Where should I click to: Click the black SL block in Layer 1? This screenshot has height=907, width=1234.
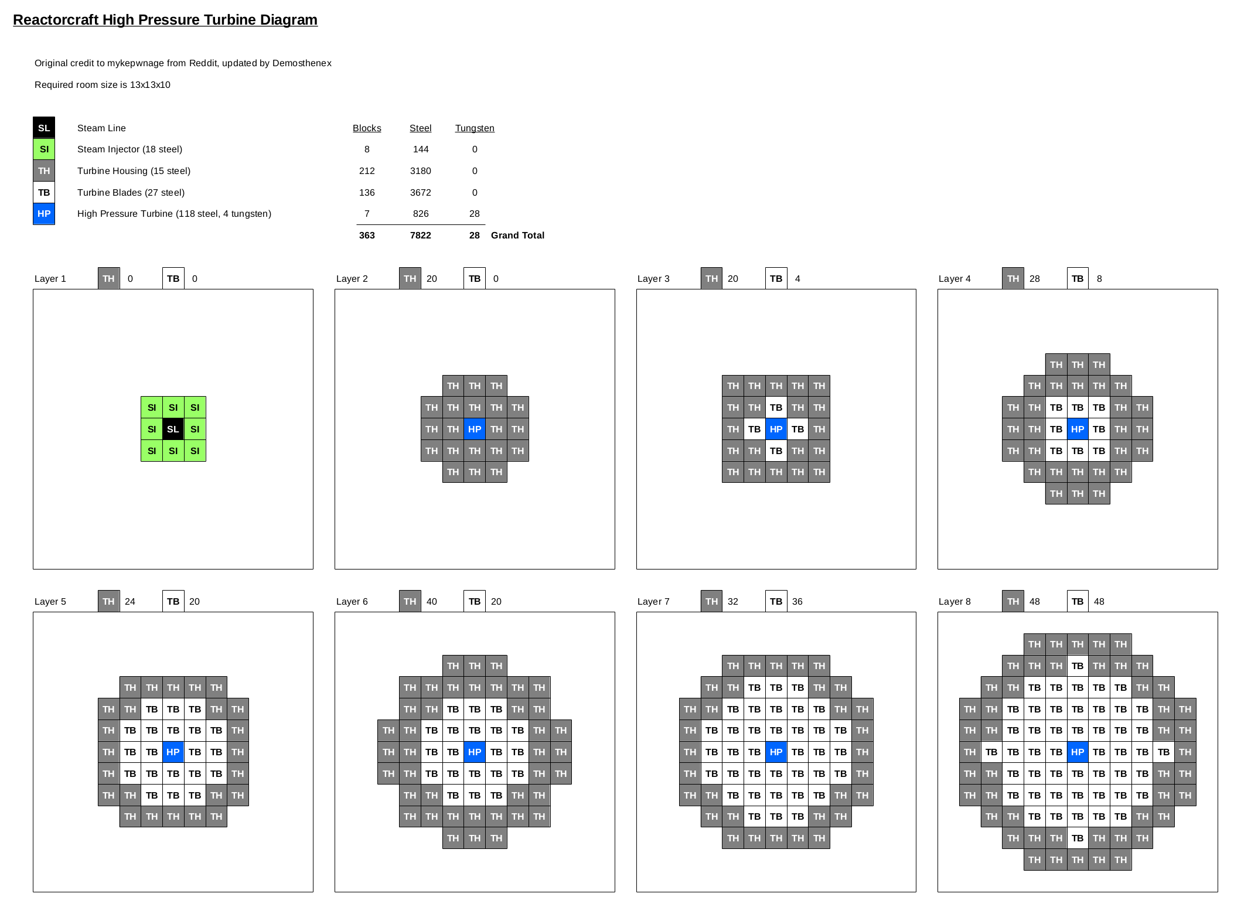(x=173, y=429)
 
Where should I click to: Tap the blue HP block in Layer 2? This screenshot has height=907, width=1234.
(x=475, y=429)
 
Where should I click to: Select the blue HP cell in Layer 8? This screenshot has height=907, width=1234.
(x=1077, y=752)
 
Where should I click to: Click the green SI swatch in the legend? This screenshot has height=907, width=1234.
(x=44, y=149)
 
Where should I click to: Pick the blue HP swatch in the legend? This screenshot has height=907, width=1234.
(x=44, y=214)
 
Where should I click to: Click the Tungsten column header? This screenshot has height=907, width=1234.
(x=475, y=128)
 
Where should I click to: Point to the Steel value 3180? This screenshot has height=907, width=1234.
(x=420, y=171)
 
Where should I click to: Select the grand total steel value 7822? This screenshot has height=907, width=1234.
(x=420, y=236)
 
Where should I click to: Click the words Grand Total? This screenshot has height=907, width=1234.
(x=517, y=236)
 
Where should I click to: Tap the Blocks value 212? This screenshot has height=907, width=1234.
(x=367, y=171)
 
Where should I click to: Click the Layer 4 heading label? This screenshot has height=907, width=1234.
(x=955, y=279)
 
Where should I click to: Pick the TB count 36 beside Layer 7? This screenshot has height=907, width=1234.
(x=797, y=602)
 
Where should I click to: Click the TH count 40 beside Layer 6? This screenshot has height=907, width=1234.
(x=431, y=602)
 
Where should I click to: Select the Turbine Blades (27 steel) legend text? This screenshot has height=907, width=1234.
(x=131, y=193)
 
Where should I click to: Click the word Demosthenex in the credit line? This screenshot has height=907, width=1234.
(x=302, y=63)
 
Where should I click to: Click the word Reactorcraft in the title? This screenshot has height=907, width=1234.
(x=56, y=20)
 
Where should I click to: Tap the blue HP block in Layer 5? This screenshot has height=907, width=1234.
(x=173, y=752)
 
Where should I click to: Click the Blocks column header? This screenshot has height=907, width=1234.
(x=367, y=128)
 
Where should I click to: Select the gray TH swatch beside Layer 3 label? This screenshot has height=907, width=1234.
(x=711, y=279)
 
